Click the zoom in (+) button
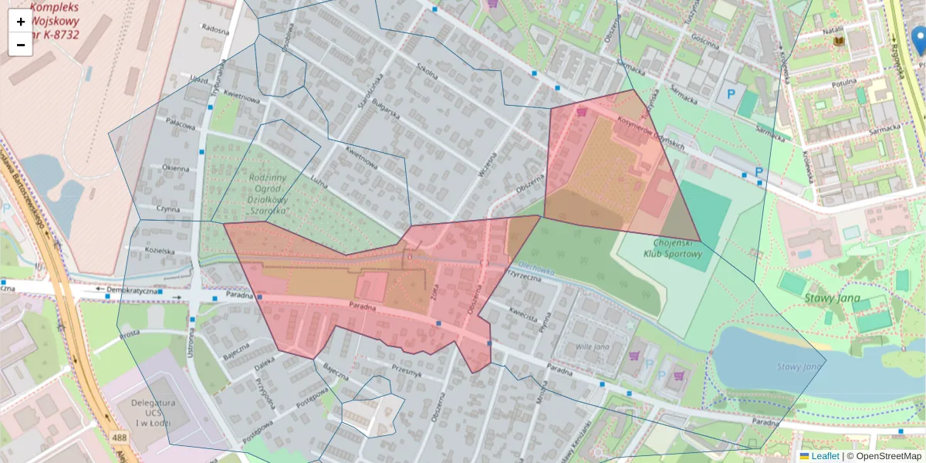click(x=21, y=22)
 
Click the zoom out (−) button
click(x=21, y=45)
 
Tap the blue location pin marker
click(x=918, y=39)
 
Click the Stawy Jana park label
click(x=833, y=298)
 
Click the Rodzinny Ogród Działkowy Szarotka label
click(x=269, y=193)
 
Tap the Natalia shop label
click(x=833, y=30)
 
